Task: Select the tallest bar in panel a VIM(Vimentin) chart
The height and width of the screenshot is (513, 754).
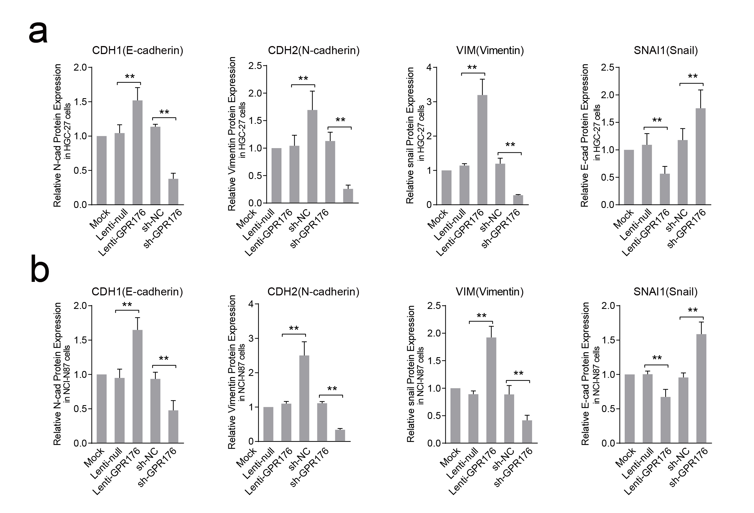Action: [482, 150]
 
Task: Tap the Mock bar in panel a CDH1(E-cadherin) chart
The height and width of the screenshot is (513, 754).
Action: [101, 170]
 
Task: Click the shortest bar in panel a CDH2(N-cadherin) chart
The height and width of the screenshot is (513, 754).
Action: [348, 196]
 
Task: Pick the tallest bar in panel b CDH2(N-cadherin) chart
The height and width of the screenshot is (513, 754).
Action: [304, 398]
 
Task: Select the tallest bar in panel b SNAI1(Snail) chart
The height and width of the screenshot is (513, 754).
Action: [701, 388]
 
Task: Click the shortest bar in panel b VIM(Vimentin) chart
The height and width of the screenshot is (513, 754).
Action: [527, 432]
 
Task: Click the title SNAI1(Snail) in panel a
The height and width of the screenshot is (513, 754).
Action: [666, 50]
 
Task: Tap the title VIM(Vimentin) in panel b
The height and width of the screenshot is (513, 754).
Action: [490, 292]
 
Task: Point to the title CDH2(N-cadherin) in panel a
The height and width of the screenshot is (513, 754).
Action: [314, 50]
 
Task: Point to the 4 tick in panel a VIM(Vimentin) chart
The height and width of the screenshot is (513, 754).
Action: [429, 68]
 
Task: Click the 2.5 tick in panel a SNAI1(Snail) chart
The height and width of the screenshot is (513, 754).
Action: [607, 68]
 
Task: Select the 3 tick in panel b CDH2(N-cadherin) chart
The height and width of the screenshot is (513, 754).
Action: [251, 338]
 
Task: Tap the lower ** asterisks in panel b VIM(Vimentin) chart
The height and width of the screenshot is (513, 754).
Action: [519, 373]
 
